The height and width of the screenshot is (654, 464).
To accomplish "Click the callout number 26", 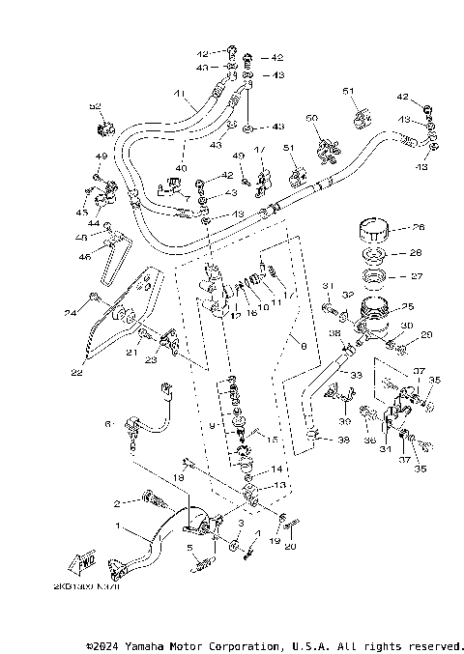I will pos(419,229).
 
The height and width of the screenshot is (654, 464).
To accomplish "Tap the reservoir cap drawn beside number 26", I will pos(373,232).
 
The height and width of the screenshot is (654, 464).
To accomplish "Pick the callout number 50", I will pos(311,118).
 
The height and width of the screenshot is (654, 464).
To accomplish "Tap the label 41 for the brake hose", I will pos(180,94).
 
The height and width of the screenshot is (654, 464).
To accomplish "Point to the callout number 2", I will pos(118,503).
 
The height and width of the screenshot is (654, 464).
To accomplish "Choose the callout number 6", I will pos(109,423).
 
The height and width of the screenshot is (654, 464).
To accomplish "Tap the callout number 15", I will pos(274,440).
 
